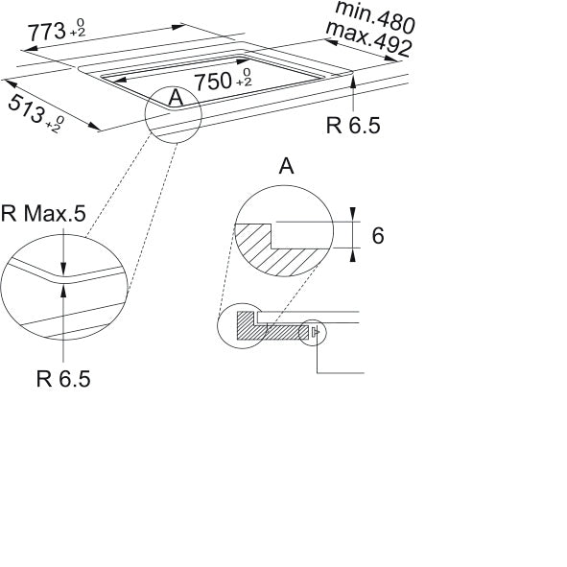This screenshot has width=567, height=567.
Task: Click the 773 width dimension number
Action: [46, 32]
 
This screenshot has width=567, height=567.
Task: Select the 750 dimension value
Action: [213, 81]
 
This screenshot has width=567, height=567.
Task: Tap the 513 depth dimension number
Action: [26, 108]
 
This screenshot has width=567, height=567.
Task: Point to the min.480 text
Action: [374, 16]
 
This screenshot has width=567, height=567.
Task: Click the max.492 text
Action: [368, 39]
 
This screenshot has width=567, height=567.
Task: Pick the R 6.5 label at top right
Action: [353, 125]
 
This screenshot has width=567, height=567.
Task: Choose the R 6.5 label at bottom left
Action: [63, 379]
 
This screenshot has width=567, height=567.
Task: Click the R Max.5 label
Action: [43, 213]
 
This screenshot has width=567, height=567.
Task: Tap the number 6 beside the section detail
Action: [378, 235]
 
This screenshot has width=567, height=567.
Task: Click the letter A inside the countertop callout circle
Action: [177, 97]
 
